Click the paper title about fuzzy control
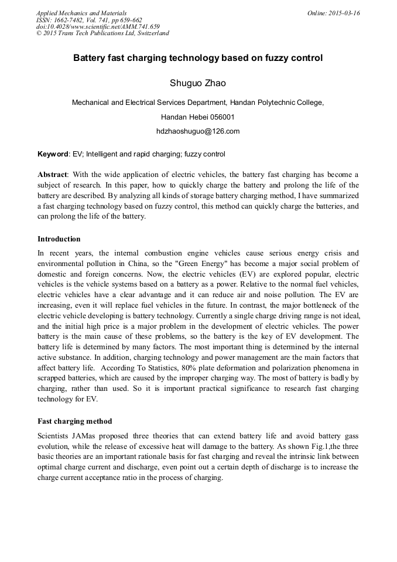pos(197,59)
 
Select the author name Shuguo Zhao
pos(197,83)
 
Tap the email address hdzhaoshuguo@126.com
pos(198,131)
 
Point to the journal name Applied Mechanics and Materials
pos(81,13)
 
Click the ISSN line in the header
pos(89,19)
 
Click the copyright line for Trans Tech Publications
pos(102,33)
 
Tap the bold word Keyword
pos(53,154)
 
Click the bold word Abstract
pos(52,175)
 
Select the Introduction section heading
pos(59,239)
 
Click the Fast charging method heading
pos(74,421)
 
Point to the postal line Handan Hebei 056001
pos(197,117)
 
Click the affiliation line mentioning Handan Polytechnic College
pos(197,103)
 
